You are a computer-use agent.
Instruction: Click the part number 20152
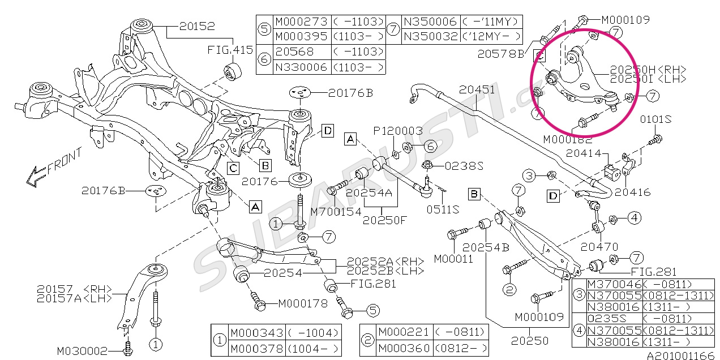click(198, 26)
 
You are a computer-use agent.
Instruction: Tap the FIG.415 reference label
click(230, 50)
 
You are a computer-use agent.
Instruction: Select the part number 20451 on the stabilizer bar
click(477, 90)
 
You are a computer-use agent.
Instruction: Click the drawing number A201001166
click(682, 355)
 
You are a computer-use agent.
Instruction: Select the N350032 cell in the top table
click(430, 37)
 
